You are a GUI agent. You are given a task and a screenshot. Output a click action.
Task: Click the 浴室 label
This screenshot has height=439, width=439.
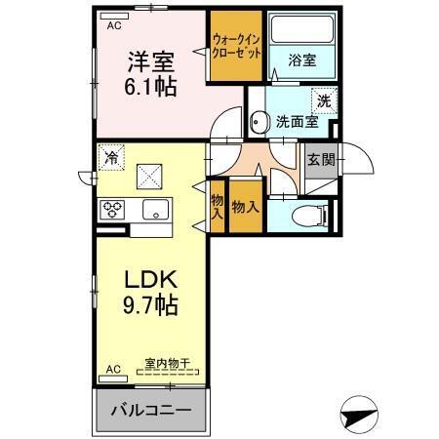(302, 60)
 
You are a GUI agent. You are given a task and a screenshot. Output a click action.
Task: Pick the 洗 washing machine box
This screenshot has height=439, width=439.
(322, 100)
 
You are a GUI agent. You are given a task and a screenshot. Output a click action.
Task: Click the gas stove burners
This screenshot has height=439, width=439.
(112, 209)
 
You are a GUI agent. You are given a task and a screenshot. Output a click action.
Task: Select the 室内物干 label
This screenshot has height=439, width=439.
(166, 363)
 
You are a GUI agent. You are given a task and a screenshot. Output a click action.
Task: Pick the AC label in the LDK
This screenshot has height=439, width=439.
(113, 369)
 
